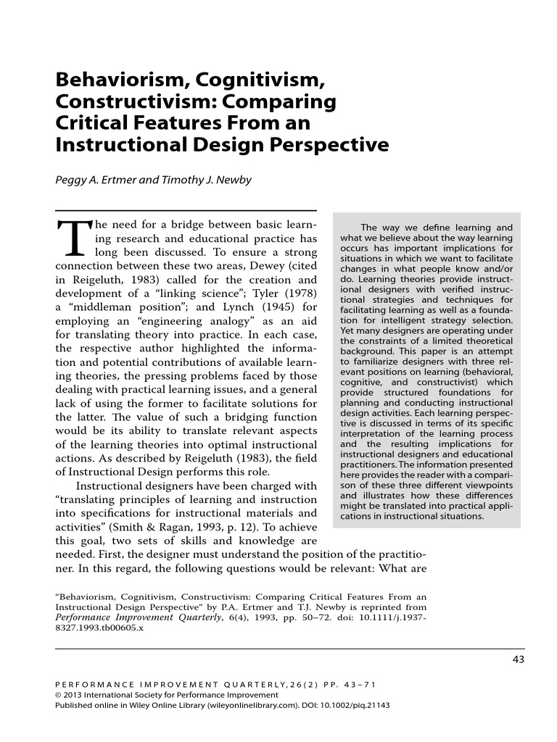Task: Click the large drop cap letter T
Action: (x=71, y=237)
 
